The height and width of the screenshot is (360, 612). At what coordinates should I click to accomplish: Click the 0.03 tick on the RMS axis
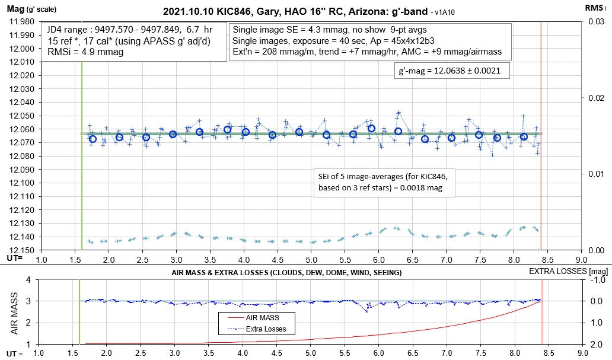point(594,22)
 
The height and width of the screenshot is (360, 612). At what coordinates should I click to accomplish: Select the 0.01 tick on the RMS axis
point(594,174)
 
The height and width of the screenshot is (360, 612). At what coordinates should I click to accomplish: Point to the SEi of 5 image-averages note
point(380,181)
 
